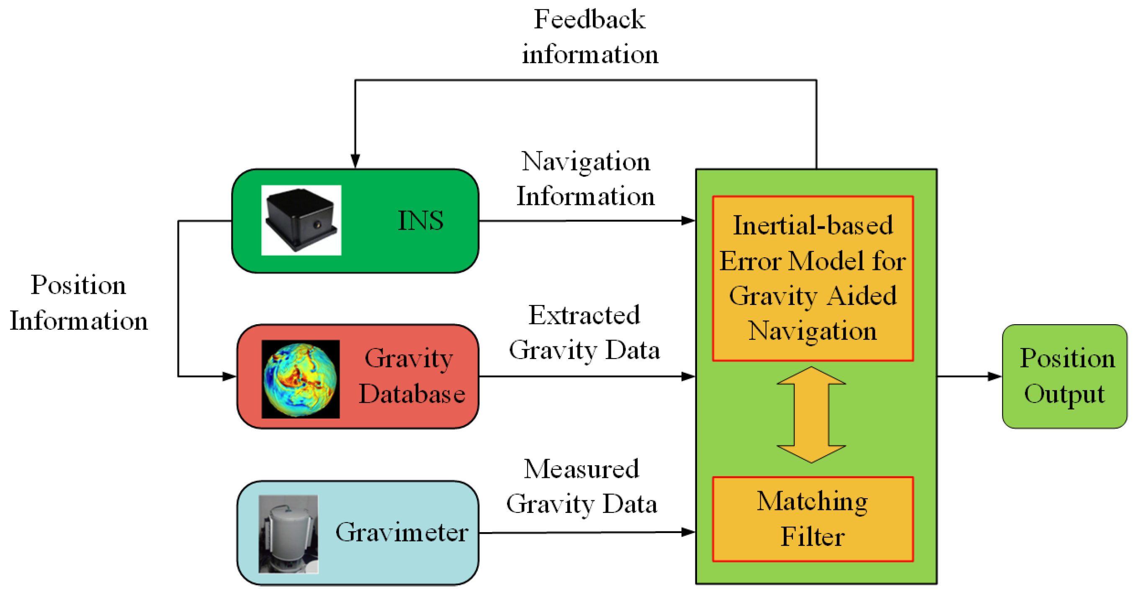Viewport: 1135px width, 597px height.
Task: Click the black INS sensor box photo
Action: (x=301, y=220)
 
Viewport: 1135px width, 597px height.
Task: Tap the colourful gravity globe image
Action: (x=301, y=379)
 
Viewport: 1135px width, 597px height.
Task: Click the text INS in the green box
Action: (x=420, y=220)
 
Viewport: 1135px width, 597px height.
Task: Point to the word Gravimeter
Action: (x=401, y=532)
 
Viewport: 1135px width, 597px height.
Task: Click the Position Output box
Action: (x=1064, y=377)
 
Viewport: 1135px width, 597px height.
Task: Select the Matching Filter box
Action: (x=813, y=519)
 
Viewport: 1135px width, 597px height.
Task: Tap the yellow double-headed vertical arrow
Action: (x=811, y=415)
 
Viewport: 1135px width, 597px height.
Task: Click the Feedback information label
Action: (x=589, y=37)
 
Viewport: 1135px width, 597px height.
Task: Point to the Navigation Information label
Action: (x=586, y=179)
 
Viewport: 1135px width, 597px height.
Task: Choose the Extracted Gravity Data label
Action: (x=584, y=333)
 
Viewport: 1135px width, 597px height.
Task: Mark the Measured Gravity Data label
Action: (x=582, y=486)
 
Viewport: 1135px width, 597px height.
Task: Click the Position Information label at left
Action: (x=78, y=302)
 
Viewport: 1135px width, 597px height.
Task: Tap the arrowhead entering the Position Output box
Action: (x=995, y=377)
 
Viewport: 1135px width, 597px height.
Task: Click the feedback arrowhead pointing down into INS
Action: (x=355, y=161)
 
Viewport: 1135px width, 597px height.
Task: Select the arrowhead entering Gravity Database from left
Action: (x=229, y=377)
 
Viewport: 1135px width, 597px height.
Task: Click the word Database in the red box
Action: (x=412, y=394)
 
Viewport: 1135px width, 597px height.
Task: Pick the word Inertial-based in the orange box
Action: (x=813, y=225)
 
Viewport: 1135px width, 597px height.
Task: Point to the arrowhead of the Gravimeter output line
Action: (x=688, y=532)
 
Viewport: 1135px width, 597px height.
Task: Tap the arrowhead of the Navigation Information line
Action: (x=688, y=220)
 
